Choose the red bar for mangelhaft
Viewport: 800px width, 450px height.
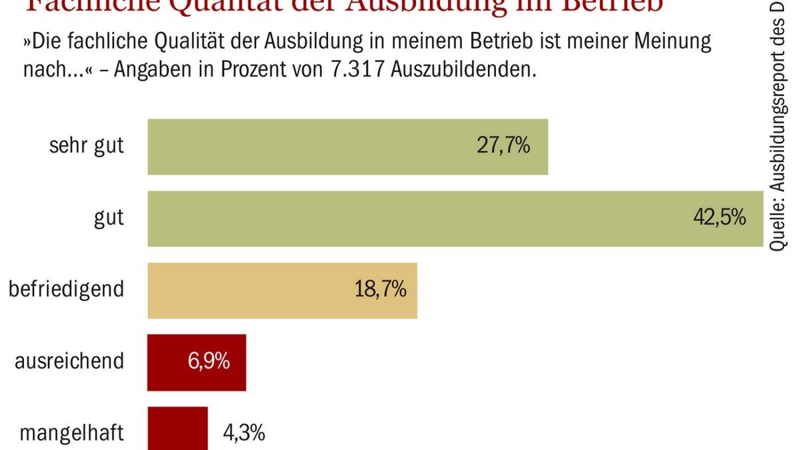(177, 430)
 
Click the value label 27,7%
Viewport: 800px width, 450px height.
(503, 146)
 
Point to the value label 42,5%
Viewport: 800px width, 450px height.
(719, 218)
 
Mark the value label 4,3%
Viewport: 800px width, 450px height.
(243, 433)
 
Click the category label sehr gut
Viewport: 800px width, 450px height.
(87, 146)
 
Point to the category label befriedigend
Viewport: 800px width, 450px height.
(66, 290)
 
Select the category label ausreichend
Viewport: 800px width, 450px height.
(70, 362)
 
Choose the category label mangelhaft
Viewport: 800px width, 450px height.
(71, 433)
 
